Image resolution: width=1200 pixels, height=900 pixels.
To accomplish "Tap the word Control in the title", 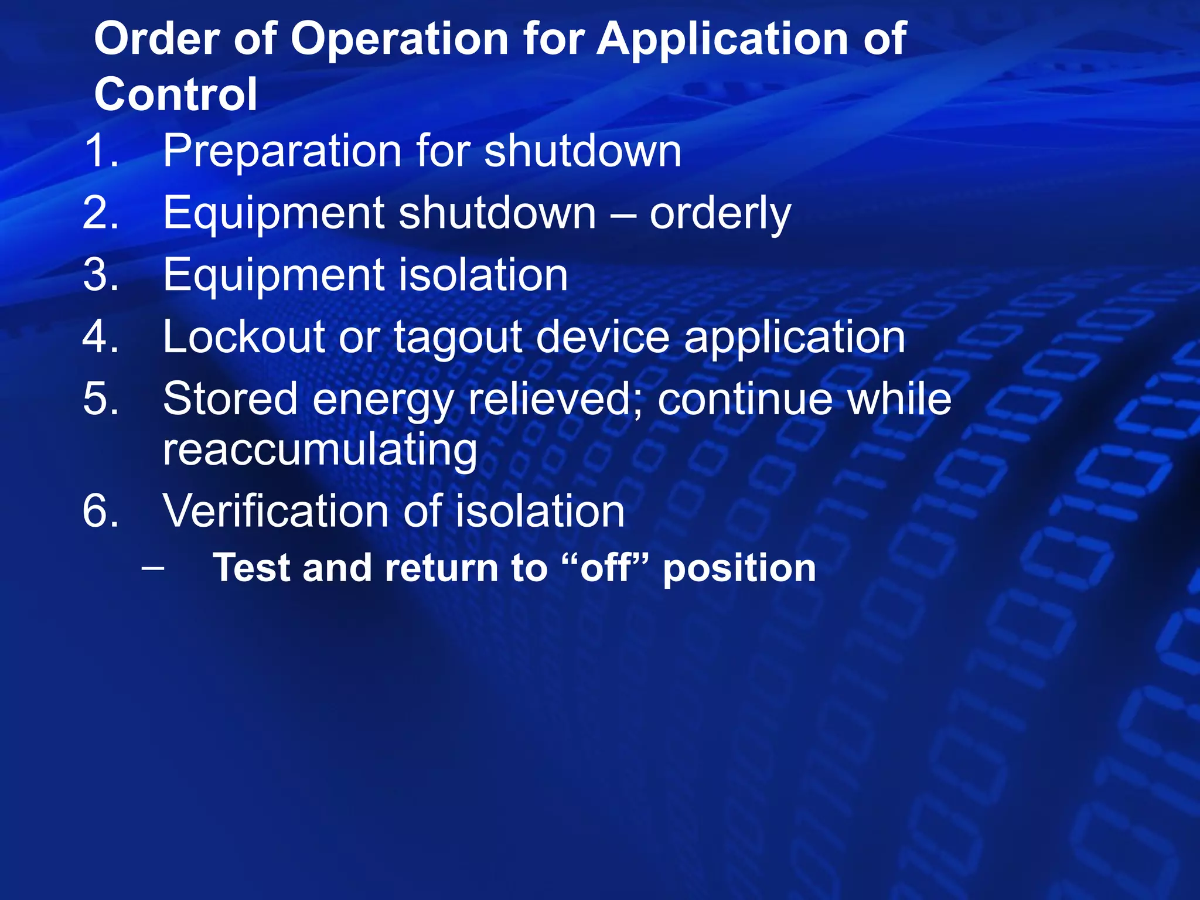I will pyautogui.click(x=176, y=95).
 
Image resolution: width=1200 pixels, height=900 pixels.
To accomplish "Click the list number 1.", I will pyautogui.click(x=101, y=151).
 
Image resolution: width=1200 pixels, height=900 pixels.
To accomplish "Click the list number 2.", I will pyautogui.click(x=101, y=213).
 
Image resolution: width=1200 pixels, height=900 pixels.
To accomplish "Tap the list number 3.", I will pyautogui.click(x=101, y=275).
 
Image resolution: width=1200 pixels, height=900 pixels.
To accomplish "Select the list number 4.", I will pyautogui.click(x=101, y=337).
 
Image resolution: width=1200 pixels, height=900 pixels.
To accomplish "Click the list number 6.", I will pyautogui.click(x=101, y=512).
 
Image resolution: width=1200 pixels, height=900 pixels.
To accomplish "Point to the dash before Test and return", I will pyautogui.click(x=153, y=568).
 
